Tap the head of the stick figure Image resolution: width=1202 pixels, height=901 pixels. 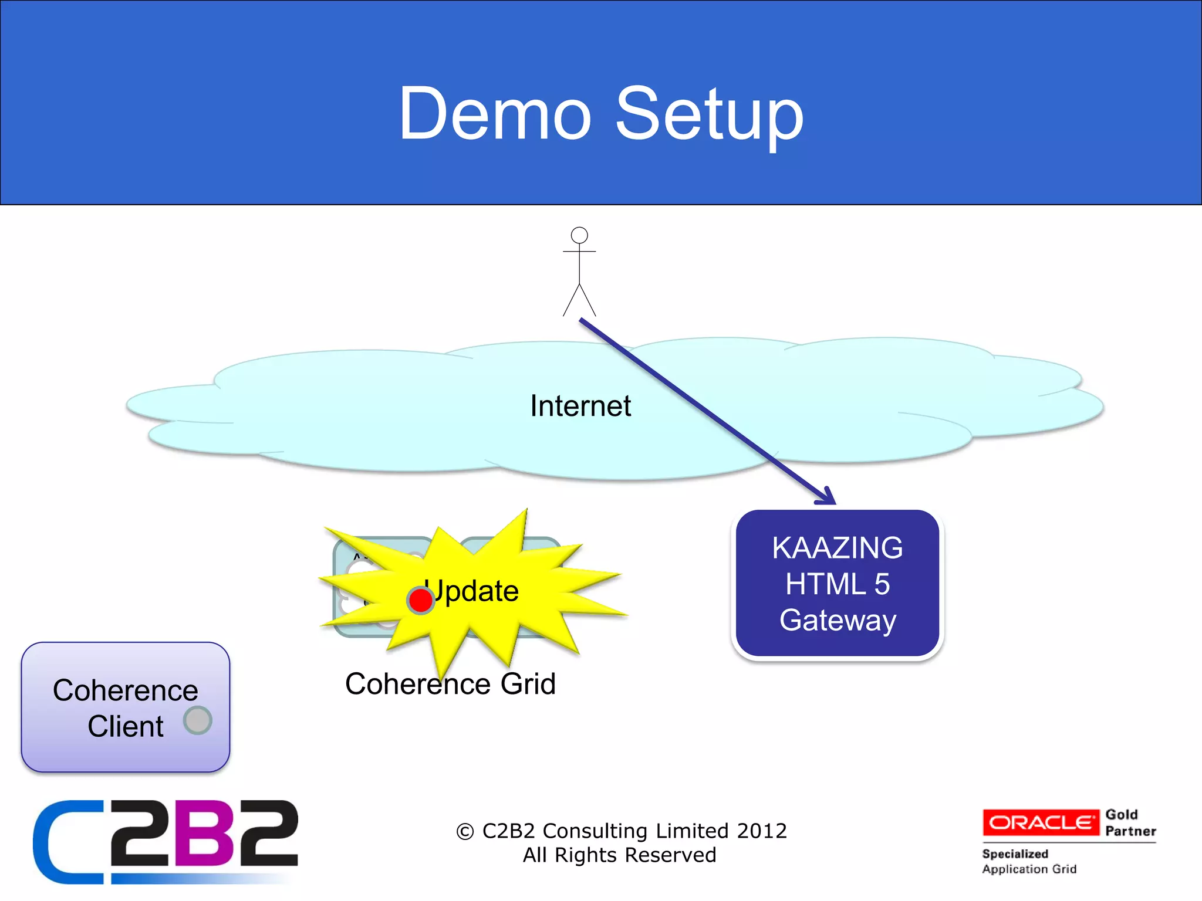point(579,235)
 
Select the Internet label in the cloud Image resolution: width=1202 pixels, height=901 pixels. point(580,406)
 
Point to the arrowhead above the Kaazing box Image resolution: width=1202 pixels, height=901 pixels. point(828,497)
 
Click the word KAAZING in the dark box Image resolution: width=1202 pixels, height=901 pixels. point(837,548)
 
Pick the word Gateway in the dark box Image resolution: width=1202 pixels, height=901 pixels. point(838,620)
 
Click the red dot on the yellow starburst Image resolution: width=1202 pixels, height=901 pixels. point(420,600)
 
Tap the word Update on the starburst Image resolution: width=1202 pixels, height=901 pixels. point(472,591)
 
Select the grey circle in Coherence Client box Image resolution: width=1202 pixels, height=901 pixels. point(197,720)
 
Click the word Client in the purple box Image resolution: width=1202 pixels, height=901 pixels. point(126,726)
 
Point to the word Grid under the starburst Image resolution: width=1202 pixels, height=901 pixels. point(528,684)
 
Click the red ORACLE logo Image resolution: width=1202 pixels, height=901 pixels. point(1041,822)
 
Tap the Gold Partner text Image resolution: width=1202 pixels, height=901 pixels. point(1130,822)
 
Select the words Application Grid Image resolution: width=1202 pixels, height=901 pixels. point(1029,869)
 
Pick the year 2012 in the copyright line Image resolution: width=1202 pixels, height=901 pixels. point(761,831)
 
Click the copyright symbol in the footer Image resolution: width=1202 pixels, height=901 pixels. point(465,832)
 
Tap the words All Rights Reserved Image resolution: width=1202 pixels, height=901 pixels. point(619,855)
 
